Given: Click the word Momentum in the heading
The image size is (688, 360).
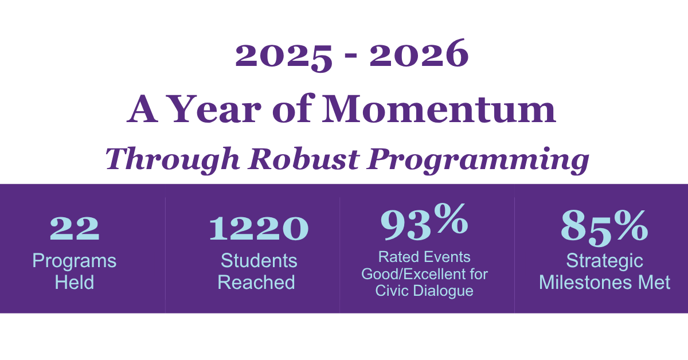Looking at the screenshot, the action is coord(439,108).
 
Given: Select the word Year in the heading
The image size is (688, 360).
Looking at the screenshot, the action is coord(215,108).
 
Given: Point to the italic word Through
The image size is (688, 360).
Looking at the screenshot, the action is coord(173,159).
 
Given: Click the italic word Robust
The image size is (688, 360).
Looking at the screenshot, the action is coord(303,158).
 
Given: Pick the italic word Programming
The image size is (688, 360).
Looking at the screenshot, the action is coord(478,161).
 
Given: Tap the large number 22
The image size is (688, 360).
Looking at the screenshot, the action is coord(75,228).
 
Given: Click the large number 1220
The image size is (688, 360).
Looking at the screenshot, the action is coord(259,228).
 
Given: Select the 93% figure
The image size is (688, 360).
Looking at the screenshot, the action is coord(424,221).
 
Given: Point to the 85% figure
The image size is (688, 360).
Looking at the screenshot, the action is coord(604,228).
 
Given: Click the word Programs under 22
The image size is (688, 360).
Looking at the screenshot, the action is coord(75,261).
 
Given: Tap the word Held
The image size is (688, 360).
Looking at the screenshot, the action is coord(75,282).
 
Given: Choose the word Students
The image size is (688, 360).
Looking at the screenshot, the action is coord(259,261).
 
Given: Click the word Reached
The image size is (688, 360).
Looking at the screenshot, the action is coord(256,282).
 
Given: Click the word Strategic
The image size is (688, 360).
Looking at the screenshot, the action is coord(604,261).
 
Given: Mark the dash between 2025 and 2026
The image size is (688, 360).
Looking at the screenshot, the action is coord(351,55).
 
